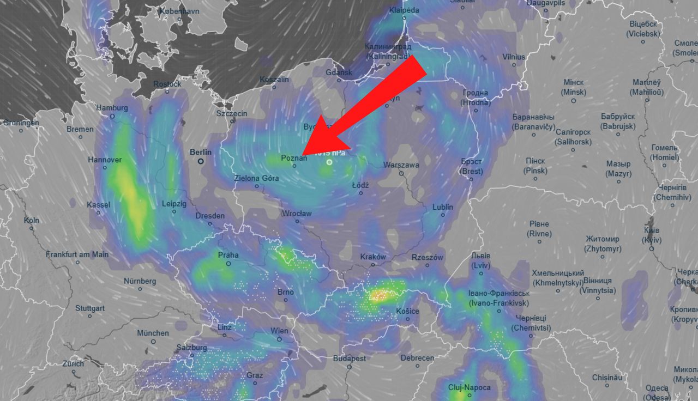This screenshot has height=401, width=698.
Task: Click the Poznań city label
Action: click(294, 158)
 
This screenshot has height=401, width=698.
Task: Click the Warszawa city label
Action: click(401, 165)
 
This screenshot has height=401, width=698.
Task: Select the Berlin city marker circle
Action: click(201, 161)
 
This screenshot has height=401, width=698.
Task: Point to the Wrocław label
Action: click(297, 214)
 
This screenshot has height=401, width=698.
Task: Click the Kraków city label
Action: click(373, 257)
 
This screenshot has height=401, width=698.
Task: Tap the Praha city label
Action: click(228, 255)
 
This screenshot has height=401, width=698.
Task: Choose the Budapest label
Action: click(350, 359)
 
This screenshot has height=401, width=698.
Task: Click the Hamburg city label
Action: click(112, 108)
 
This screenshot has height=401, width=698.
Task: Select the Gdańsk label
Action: click(339, 72)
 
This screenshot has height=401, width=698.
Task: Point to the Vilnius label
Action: click(514, 57)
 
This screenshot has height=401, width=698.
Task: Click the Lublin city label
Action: click(443, 208)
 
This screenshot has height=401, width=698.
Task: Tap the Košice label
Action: click(407, 311)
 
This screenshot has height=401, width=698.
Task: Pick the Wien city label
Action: click(280, 331)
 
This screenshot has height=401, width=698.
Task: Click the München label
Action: click(153, 333)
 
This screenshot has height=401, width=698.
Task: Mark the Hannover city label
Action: click(105, 160)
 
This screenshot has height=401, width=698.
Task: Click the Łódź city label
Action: click(360, 185)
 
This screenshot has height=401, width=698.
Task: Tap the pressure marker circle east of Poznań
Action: click(329, 162)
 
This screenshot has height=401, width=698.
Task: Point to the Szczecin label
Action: click(232, 113)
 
